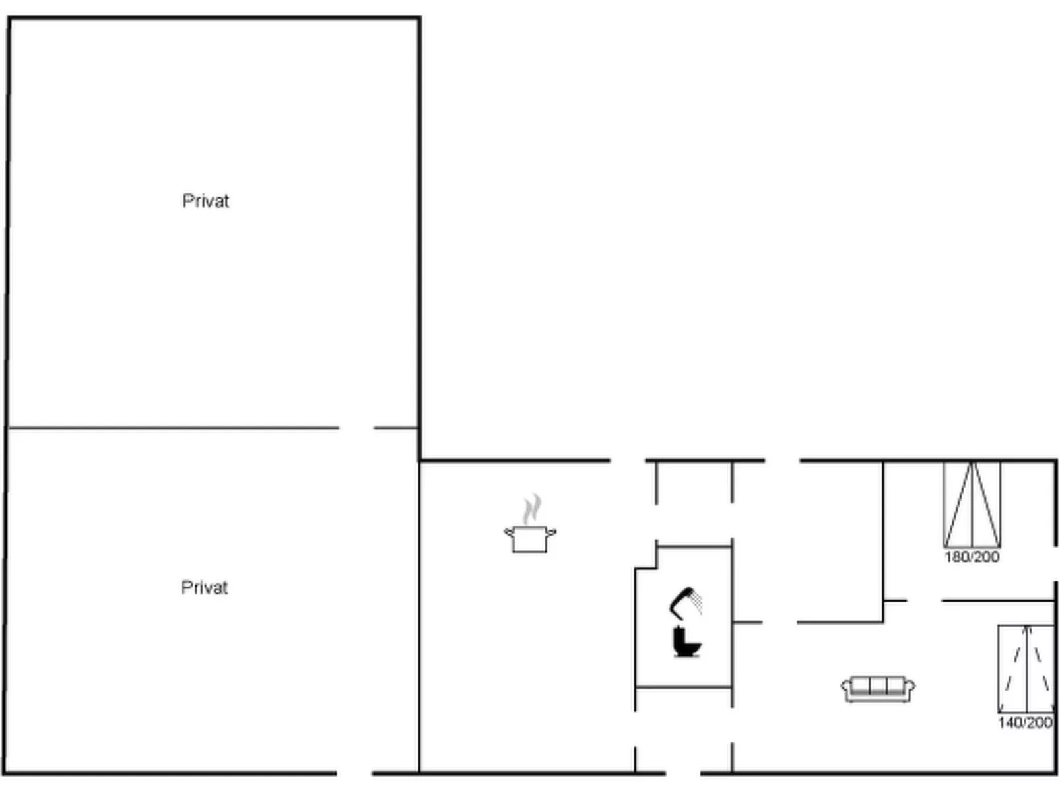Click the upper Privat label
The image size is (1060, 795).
206,201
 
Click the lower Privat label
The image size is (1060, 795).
204,588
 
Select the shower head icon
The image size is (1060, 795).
686,604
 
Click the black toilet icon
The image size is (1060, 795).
686,642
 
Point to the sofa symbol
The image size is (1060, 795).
878,689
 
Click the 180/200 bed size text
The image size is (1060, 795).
972,557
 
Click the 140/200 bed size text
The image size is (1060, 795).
1025,722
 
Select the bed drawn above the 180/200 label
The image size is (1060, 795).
972,505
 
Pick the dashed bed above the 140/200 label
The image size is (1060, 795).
1026,668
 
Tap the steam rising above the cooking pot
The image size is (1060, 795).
532,508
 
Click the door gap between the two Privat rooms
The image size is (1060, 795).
356,428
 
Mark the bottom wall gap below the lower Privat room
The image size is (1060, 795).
354,773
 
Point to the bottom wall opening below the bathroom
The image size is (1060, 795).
683,773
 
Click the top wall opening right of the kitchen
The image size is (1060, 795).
628,461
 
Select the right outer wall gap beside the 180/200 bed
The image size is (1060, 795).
1056,564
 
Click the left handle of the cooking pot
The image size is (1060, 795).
508,532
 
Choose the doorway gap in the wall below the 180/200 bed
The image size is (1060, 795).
924,601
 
